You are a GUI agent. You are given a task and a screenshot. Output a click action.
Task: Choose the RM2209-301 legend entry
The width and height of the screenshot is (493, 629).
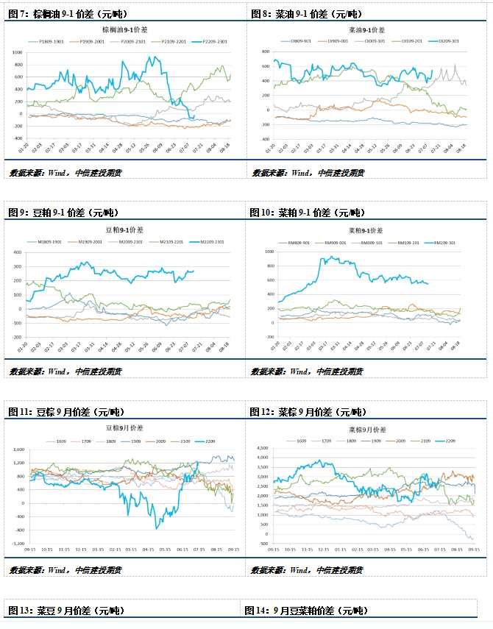coord(444,242)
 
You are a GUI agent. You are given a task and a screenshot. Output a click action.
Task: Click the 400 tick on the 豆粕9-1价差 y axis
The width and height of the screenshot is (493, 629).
coord(18,252)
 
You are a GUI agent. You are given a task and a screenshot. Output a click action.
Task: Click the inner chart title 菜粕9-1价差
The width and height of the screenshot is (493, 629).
coord(369,230)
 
